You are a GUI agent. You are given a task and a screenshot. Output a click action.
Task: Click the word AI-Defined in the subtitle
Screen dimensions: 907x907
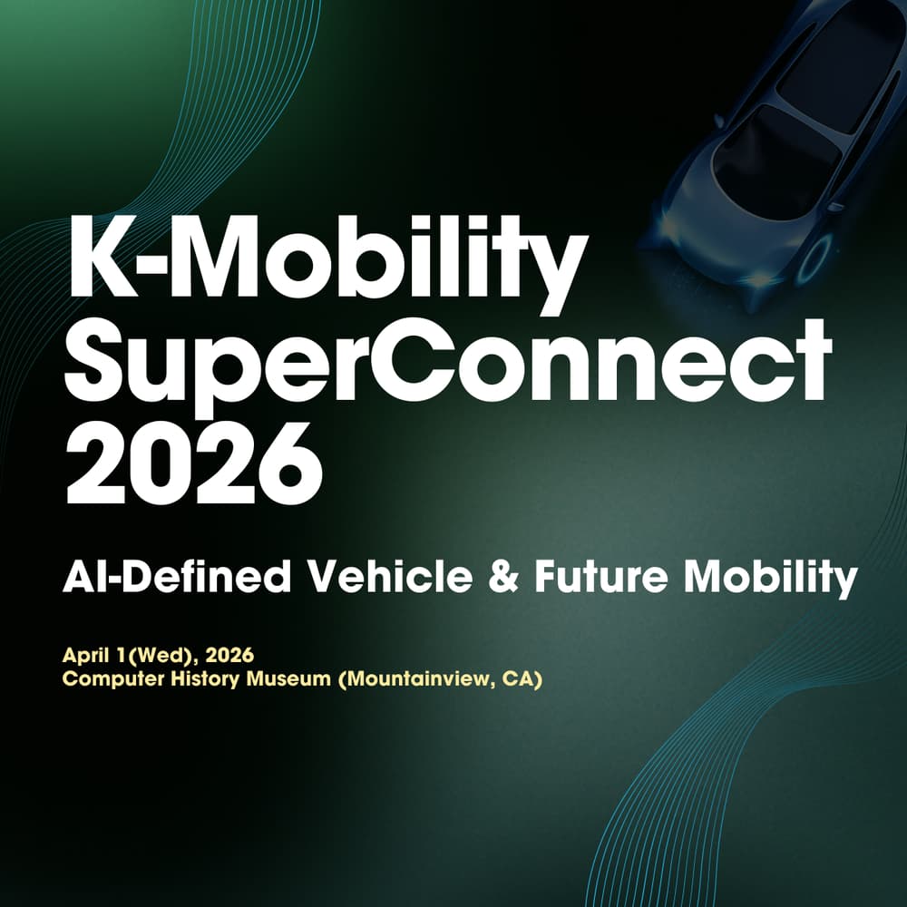coord(177,576)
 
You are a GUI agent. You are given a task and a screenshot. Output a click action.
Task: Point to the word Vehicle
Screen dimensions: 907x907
coord(390,576)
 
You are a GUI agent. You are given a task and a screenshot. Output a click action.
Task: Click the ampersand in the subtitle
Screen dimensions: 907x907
coord(503,576)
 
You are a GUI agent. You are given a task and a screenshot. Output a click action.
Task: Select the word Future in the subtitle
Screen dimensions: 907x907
coord(601,576)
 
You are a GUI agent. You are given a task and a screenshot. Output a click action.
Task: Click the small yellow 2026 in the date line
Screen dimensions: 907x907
coord(229,656)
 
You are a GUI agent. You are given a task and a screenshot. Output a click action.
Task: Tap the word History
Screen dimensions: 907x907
coord(205,679)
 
